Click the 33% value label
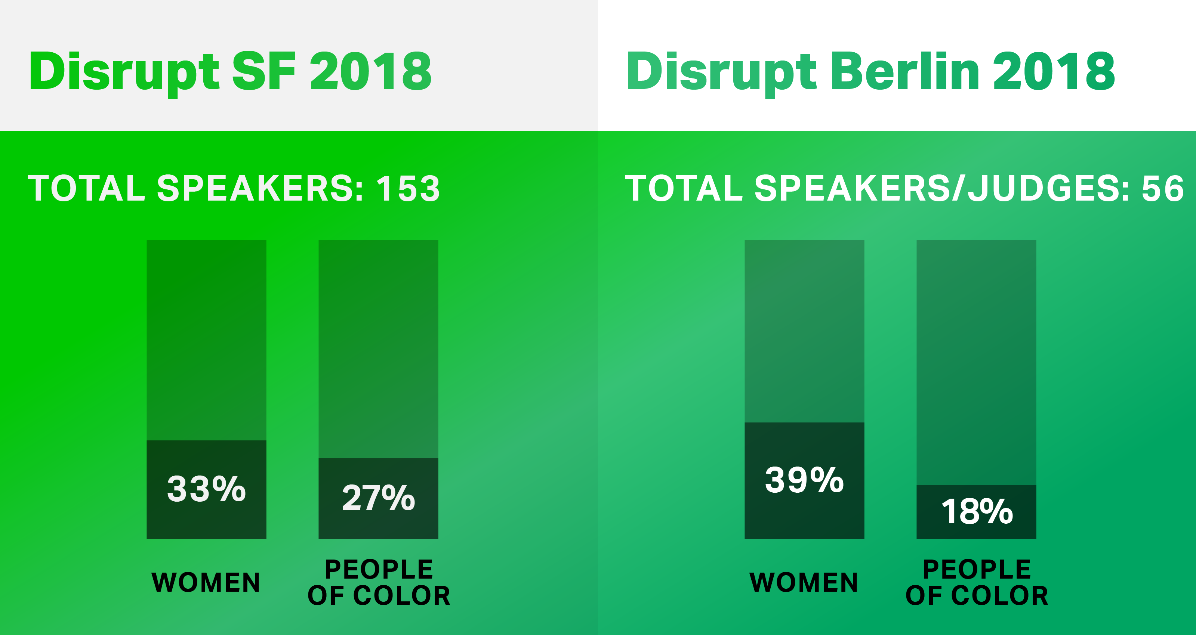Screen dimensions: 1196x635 tap(206, 489)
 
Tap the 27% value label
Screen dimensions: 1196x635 tap(378, 498)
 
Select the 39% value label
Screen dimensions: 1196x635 tap(804, 480)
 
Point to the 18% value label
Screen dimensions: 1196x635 tap(977, 511)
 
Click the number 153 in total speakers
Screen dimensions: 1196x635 tap(408, 189)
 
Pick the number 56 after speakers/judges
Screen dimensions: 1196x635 tap(1163, 189)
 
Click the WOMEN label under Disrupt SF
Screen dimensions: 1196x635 tap(206, 583)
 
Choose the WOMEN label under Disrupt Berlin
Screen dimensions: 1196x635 tap(804, 583)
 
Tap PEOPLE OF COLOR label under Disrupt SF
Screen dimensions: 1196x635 tap(379, 583)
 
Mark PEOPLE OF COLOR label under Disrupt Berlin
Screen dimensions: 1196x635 tap(977, 583)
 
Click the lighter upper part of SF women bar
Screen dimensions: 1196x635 tap(207, 340)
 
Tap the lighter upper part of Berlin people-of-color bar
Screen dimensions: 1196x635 tap(976, 363)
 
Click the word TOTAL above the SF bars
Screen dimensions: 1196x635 tap(87, 189)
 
